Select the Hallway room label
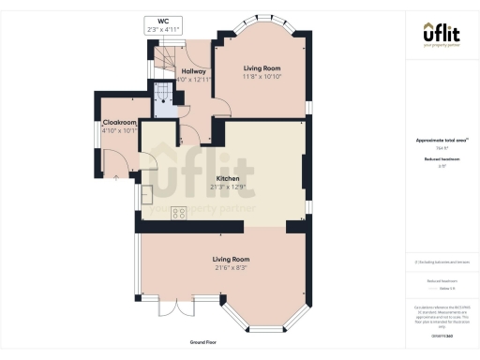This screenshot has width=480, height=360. pos(193,71)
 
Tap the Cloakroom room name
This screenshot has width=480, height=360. pos(121,122)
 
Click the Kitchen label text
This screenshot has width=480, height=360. pos(228,178)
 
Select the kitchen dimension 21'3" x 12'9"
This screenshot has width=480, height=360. pos(228,187)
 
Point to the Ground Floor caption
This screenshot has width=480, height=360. pos(203,343)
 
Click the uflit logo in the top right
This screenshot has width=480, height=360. pos(440,37)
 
